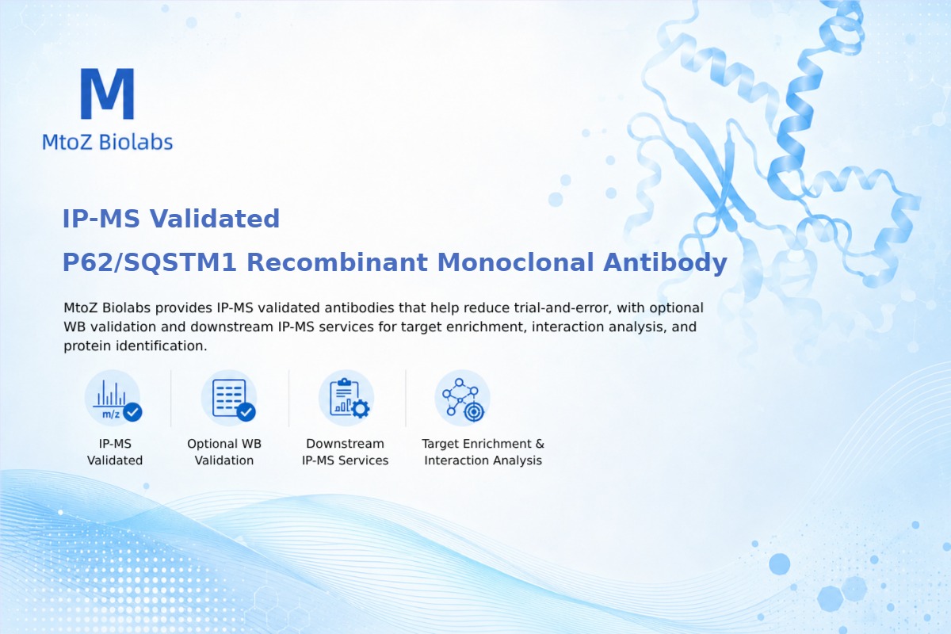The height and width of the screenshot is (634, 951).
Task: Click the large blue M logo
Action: [108, 94]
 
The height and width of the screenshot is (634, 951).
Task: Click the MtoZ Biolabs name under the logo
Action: [108, 142]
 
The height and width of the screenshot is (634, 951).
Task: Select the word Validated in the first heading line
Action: [215, 219]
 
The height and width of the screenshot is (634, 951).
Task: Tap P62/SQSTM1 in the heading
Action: [150, 262]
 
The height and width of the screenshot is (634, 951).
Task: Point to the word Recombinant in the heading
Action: [337, 262]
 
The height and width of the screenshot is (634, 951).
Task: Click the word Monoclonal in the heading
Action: [515, 262]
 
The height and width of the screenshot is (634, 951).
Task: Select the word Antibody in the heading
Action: [665, 263]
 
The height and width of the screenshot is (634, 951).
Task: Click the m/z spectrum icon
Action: [113, 399]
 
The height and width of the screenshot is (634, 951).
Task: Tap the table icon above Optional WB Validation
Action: [229, 399]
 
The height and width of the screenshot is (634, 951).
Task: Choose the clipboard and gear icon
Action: [346, 399]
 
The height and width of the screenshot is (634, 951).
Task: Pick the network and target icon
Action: [462, 399]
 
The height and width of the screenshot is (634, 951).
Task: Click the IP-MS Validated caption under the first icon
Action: [115, 452]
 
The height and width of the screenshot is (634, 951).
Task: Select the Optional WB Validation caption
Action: [224, 452]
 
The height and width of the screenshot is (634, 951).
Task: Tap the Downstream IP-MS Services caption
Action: [346, 452]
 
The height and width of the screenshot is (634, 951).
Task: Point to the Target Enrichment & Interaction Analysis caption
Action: [483, 452]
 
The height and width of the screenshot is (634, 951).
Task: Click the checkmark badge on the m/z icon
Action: [132, 411]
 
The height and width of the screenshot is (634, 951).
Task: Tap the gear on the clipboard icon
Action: [361, 409]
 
